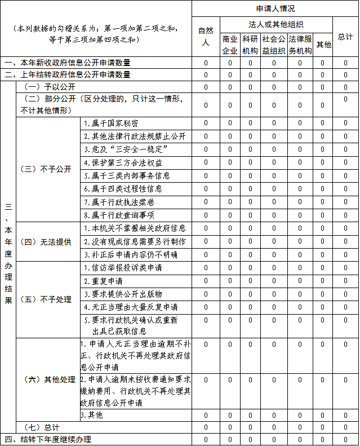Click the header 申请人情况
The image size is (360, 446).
pos(275,8)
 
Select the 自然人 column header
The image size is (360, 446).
pos(206,37)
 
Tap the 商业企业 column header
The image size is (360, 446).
pos(230,45)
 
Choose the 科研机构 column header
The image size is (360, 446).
pos(250,45)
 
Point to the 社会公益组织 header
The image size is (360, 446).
pos(274,45)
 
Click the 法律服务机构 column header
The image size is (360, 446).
pos(300,45)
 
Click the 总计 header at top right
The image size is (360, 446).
pos(345,37)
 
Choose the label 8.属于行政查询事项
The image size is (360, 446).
pos(119,215)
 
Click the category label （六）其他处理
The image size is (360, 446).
pos(47,379)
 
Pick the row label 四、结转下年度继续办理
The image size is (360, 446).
pos(48,439)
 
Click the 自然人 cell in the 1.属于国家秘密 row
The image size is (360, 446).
pos(206,123)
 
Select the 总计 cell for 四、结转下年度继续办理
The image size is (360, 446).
pos(345,439)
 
